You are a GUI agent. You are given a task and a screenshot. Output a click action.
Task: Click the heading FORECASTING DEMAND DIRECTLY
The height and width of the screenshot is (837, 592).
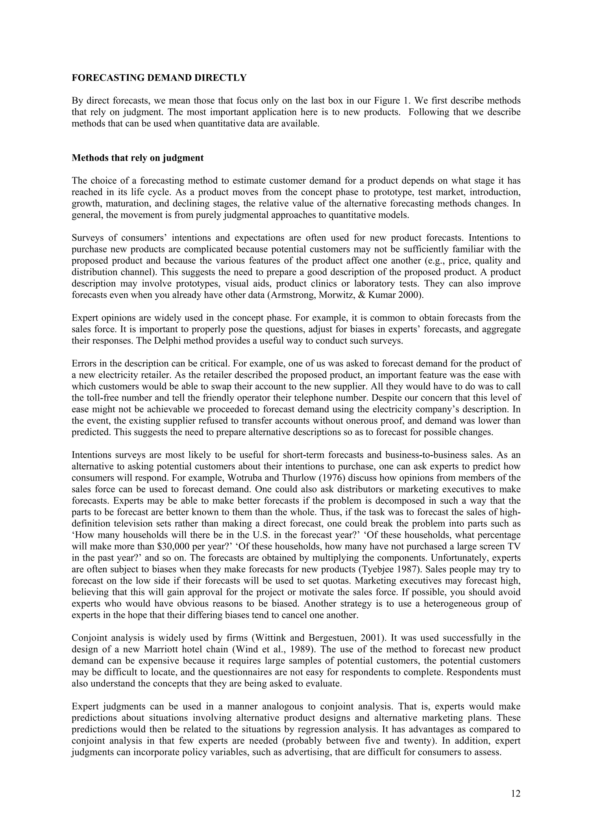pos(159,78)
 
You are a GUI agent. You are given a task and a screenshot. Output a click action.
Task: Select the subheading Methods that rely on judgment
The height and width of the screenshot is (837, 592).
pos(138,158)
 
